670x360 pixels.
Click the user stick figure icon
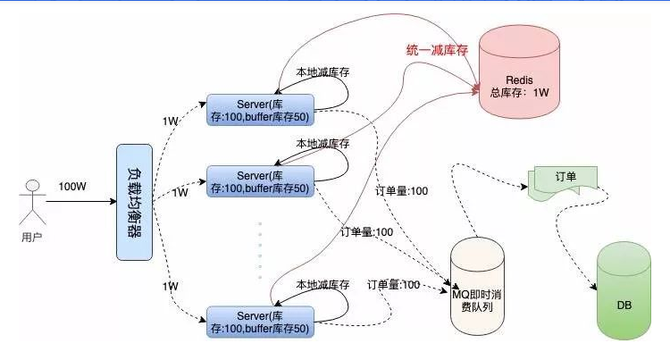[33, 201]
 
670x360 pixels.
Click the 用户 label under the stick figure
[32, 239]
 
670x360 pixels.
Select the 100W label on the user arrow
[73, 187]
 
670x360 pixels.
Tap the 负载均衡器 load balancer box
[134, 201]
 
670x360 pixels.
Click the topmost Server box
[260, 108]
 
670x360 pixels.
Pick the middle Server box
[260, 181]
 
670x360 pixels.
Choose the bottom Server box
[260, 322]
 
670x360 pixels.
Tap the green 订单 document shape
[559, 179]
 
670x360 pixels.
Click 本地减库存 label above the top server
[322, 71]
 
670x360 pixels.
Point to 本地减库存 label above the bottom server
[322, 285]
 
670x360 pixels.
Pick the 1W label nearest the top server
[171, 121]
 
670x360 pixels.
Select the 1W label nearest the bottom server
[171, 286]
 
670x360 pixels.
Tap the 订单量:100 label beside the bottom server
[393, 284]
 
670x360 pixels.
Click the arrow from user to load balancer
[80, 201]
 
